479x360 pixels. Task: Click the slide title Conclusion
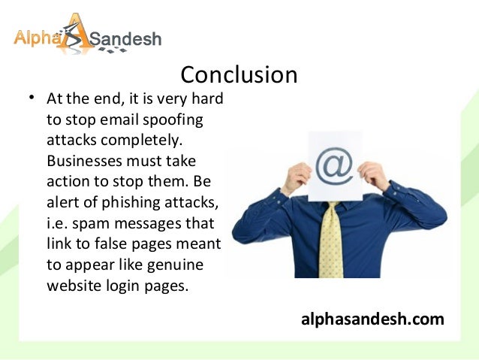(x=239, y=75)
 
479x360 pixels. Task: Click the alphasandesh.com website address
(x=372, y=319)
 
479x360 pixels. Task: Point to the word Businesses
(x=83, y=161)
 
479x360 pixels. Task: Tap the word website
(x=72, y=286)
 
